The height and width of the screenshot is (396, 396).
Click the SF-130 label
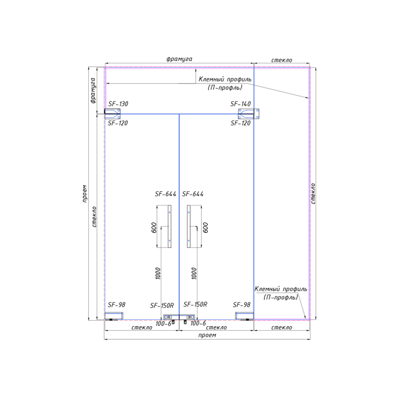click(118, 104)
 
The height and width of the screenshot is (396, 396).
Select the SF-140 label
click(241, 104)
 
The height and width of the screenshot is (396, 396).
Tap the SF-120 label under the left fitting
click(118, 123)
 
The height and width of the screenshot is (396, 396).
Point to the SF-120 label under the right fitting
click(241, 123)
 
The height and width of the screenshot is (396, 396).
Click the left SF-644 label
click(165, 194)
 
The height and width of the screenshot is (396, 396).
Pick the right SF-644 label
click(193, 194)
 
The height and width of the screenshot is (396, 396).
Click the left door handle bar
click(170, 226)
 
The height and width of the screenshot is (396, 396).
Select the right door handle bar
click(189, 226)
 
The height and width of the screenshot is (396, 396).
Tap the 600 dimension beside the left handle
click(154, 227)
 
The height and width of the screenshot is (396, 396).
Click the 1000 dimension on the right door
click(194, 273)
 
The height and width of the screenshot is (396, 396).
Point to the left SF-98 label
click(116, 305)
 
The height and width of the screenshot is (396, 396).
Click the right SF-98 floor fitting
click(244, 316)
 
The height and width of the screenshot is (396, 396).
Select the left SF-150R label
click(162, 306)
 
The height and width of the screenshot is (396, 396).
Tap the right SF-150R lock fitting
click(187, 317)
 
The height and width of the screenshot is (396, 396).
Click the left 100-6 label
click(163, 324)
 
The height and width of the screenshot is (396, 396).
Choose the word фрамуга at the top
click(179, 59)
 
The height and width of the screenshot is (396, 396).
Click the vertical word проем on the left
click(84, 194)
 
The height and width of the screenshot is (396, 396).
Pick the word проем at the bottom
click(207, 335)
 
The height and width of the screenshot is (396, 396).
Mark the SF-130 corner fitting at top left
click(113, 114)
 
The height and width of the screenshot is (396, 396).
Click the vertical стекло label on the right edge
click(313, 193)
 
